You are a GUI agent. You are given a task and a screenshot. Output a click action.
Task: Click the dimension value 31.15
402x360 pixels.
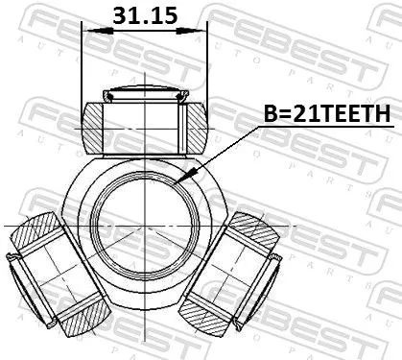tap(144, 17)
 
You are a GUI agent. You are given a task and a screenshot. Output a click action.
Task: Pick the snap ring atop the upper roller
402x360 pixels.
tap(145, 95)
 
